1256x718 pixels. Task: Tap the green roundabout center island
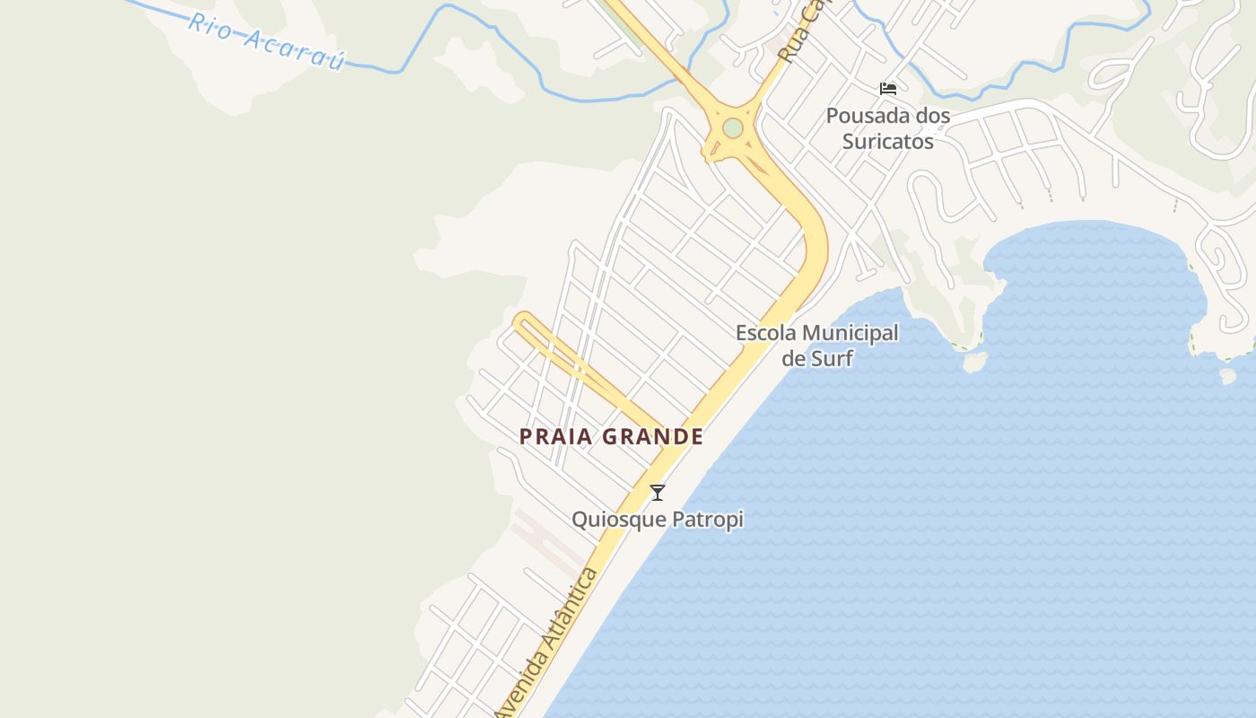point(733,128)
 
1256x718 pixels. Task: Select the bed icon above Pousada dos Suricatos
point(888,89)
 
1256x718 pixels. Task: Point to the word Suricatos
point(887,142)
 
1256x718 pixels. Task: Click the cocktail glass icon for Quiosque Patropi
point(658,492)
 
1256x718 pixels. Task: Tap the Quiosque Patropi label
point(658,520)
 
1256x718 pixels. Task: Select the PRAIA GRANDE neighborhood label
point(611,437)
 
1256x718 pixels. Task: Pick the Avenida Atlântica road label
point(546,642)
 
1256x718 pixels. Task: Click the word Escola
point(766,333)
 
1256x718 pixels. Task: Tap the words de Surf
point(816,359)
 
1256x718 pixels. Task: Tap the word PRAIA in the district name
point(556,437)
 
